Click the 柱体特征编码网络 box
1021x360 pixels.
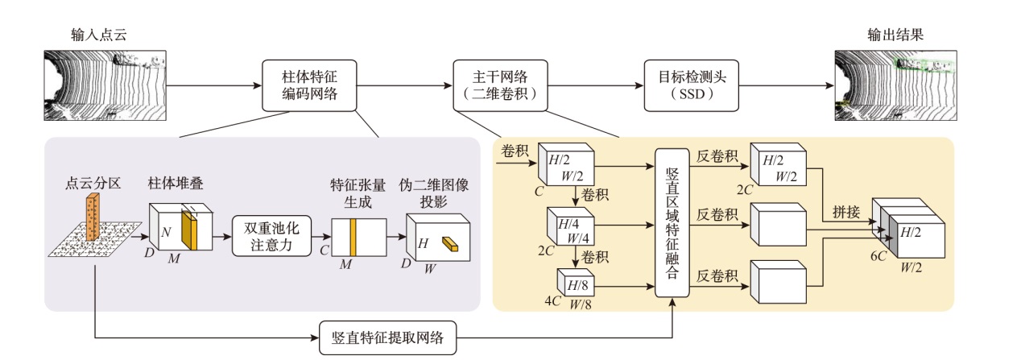309,84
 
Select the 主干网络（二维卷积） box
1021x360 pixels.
500,84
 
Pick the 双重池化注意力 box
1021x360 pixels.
271,234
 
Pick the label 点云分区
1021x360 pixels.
93,184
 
